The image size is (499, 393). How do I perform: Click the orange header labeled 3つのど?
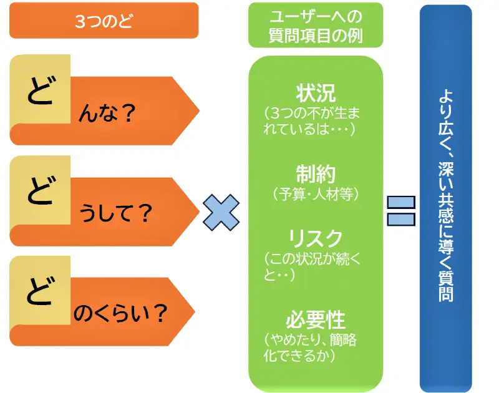point(104,21)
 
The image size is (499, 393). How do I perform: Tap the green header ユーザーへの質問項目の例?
point(315,26)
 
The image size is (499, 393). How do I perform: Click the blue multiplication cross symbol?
point(221,212)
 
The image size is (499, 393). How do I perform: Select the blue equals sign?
point(401,211)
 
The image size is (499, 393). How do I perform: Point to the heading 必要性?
point(315,320)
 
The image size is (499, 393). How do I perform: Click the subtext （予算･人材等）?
point(315,194)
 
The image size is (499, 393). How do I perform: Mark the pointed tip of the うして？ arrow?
point(198,213)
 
